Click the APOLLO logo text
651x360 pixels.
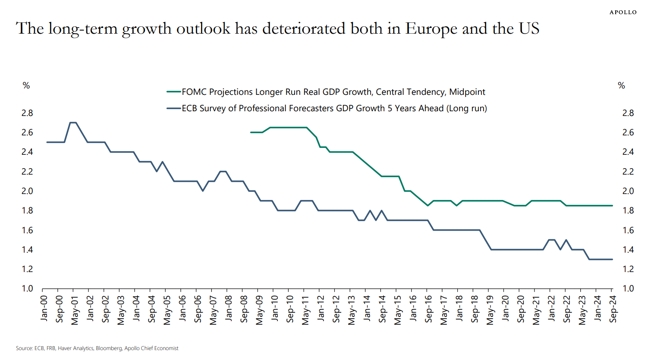coord(623,12)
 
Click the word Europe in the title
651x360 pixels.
coord(431,28)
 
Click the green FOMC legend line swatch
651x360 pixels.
coord(173,92)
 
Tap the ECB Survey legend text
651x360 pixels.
coord(334,108)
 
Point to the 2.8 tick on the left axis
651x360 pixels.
coord(27,113)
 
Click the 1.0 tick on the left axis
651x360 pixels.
coord(27,288)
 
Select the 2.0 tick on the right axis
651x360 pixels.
coord(628,191)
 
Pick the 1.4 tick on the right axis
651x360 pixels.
coord(628,250)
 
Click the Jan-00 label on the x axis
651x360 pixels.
coord(44,308)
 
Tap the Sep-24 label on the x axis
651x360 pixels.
coord(613,309)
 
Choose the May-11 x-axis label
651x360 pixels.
coord(305,310)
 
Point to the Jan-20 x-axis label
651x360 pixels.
coord(505,308)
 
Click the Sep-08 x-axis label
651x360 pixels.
coord(244,309)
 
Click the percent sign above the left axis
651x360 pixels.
coord(26,85)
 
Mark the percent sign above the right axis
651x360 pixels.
coord(621,85)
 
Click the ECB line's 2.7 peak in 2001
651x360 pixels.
coord(73,122)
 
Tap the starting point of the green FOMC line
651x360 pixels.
coord(251,132)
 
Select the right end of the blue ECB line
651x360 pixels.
coord(612,259)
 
